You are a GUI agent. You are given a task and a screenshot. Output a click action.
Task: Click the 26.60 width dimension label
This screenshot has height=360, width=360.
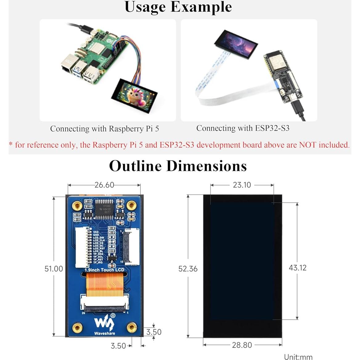(104, 185)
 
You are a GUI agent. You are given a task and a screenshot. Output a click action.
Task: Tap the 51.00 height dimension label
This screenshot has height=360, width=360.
(54, 269)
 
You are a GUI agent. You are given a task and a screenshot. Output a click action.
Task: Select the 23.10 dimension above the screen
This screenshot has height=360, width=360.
(242, 185)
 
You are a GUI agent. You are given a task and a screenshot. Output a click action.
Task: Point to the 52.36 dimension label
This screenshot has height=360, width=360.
(188, 269)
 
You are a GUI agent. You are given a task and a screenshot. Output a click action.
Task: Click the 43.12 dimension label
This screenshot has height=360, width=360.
(297, 268)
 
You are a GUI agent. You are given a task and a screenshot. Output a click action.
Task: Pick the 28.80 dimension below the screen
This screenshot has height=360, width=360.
(242, 345)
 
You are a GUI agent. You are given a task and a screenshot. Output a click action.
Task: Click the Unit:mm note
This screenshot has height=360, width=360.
(298, 357)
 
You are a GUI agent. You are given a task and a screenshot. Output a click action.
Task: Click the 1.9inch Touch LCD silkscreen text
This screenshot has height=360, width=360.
(104, 270)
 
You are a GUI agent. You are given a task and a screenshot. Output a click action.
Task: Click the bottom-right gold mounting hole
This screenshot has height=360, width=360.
(132, 327)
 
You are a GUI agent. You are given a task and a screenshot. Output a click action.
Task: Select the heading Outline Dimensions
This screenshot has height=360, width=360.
(178, 166)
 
